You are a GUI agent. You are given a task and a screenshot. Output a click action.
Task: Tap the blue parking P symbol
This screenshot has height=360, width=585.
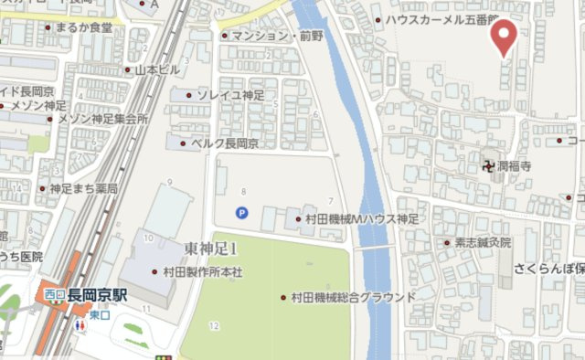[x=241, y=213]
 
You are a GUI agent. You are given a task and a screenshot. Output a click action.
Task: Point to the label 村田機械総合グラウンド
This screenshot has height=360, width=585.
[x=353, y=297]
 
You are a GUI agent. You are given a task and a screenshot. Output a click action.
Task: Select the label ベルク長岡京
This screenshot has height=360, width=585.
[x=224, y=143]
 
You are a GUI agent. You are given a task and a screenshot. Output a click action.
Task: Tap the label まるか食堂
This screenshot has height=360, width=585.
[x=83, y=27]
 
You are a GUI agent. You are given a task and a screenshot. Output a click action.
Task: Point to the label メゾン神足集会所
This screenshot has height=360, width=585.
[x=101, y=118]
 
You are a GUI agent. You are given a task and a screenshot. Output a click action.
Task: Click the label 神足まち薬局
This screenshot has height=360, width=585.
[x=83, y=188]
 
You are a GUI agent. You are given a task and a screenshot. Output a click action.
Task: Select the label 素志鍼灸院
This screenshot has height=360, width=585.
[x=477, y=243]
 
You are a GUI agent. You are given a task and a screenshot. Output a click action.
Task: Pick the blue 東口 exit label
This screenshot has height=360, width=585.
[x=100, y=314]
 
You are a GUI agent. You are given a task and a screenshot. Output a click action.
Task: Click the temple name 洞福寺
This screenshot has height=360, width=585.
[x=514, y=166]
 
